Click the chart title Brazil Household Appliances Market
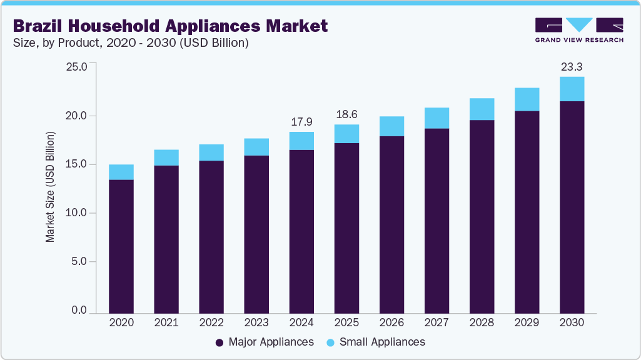click(x=169, y=26)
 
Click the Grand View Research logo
click(x=579, y=29)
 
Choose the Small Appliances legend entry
click(x=376, y=342)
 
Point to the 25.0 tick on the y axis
click(x=80, y=67)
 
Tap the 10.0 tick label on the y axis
click(x=80, y=213)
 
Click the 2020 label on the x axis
click(x=121, y=323)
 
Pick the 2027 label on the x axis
click(x=437, y=323)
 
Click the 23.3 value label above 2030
click(x=572, y=66)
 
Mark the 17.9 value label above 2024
click(x=301, y=121)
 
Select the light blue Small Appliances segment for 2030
click(x=572, y=89)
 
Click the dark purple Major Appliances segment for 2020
click(x=121, y=246)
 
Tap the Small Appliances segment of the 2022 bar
click(x=211, y=152)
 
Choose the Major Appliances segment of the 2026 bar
click(x=391, y=224)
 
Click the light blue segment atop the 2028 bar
click(x=482, y=109)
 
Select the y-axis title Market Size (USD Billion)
click(x=49, y=187)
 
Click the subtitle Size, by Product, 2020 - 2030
click(x=131, y=43)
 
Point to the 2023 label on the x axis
click(x=256, y=323)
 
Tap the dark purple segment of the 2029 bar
click(x=527, y=212)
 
